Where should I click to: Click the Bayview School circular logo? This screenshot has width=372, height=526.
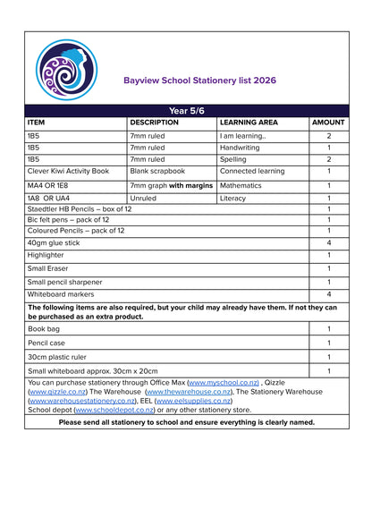[x=66, y=71]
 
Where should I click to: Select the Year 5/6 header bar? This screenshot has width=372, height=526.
[x=186, y=111]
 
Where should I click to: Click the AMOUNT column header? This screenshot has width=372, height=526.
[x=328, y=123]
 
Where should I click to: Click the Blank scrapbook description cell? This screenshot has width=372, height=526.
[x=157, y=170]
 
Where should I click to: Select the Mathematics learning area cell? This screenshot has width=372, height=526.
[x=241, y=185]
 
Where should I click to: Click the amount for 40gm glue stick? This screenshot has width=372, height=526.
[x=328, y=242]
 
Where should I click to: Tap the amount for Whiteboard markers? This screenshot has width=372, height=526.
[x=328, y=294]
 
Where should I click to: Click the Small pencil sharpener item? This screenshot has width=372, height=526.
[x=64, y=282]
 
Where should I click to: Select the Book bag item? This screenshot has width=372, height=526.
[x=45, y=329]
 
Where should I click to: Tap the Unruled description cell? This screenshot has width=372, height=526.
[x=143, y=199]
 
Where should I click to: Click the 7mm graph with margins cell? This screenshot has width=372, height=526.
[x=171, y=185]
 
